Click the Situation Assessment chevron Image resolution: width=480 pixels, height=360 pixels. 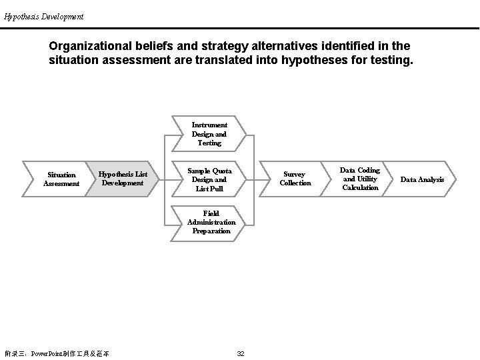(x=61, y=179)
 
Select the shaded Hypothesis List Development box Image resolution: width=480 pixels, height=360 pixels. (x=123, y=179)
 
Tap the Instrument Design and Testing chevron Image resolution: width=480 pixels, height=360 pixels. (x=209, y=134)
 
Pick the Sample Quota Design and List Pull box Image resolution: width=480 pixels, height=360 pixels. (x=209, y=179)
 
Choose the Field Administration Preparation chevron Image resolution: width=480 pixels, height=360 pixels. (x=211, y=222)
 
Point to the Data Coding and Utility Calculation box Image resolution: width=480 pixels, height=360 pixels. (x=360, y=179)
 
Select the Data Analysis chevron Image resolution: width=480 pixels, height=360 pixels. (x=422, y=179)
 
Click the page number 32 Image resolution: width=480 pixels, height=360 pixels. (x=241, y=353)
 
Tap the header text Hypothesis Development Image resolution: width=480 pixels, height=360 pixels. (x=44, y=17)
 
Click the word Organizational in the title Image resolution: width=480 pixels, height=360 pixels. (x=89, y=47)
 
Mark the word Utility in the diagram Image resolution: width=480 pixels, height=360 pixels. (x=367, y=179)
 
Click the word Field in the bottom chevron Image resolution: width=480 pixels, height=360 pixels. (x=211, y=213)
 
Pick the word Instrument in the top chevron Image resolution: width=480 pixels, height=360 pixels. (x=209, y=125)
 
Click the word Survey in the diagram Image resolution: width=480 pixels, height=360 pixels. (x=295, y=175)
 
